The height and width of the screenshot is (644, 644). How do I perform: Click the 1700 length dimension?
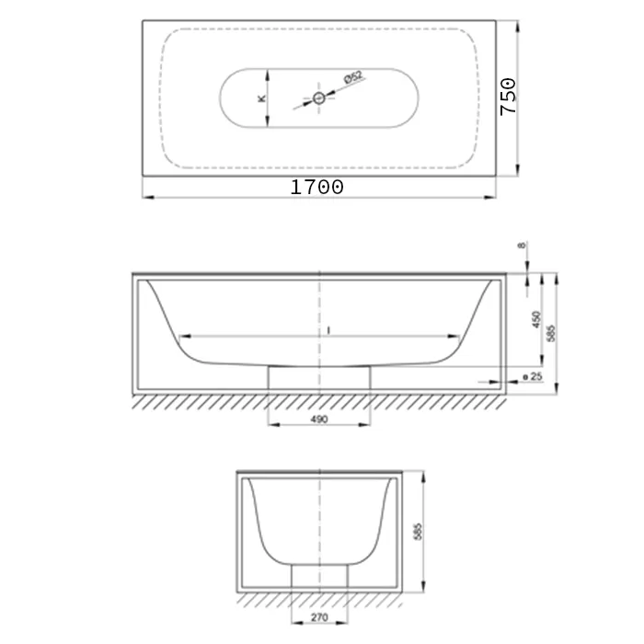tap(316, 188)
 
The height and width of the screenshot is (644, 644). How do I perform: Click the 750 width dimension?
tap(508, 97)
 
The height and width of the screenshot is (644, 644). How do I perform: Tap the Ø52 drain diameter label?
tap(353, 76)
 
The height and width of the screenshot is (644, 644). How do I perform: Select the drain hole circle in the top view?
tap(319, 98)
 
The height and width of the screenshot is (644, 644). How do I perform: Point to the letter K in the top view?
tap(261, 98)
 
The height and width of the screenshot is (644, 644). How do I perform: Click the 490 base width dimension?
tap(319, 419)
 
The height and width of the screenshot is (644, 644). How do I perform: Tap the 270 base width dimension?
tap(319, 617)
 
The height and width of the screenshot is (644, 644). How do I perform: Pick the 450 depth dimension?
tap(536, 319)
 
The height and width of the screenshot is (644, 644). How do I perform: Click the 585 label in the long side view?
tap(551, 333)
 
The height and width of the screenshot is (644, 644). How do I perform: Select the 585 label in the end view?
tap(418, 532)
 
